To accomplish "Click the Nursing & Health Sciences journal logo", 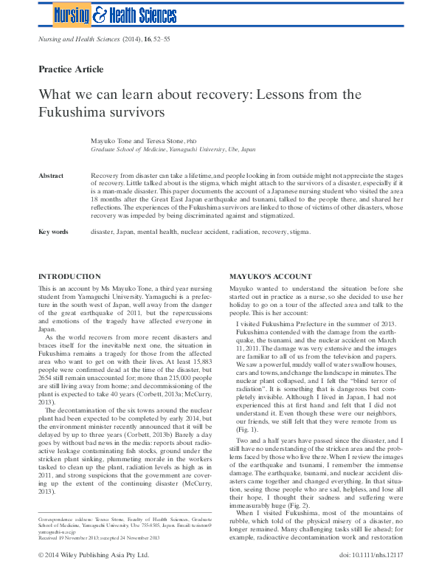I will [x=115, y=14].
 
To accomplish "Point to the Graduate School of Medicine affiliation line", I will [x=173, y=148].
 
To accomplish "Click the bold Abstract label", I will [x=51, y=176].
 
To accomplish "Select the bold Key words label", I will [x=53, y=232].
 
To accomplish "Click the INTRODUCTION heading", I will [x=69, y=276].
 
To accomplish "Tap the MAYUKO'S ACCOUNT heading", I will [x=270, y=276].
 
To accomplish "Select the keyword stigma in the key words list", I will [x=300, y=232].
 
